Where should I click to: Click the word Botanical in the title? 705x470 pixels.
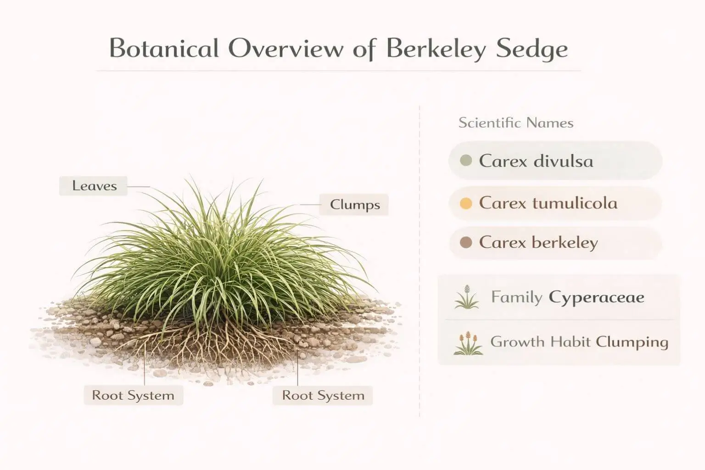click(x=163, y=49)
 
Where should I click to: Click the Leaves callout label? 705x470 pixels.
click(x=94, y=186)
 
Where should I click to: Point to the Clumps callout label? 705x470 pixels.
click(x=355, y=205)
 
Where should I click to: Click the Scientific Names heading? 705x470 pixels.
click(x=516, y=123)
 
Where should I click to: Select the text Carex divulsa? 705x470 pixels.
click(x=536, y=161)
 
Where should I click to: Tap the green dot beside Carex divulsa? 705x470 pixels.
click(x=466, y=161)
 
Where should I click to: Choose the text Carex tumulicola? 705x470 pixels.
click(x=548, y=203)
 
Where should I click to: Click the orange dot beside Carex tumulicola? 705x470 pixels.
click(x=466, y=203)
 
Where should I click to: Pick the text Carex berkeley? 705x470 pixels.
click(x=538, y=242)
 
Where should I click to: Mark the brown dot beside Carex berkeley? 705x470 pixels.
click(x=466, y=242)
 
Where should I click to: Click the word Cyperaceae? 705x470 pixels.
click(x=597, y=297)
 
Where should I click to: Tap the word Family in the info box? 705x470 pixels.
click(x=516, y=297)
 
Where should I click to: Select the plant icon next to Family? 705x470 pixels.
click(x=467, y=297)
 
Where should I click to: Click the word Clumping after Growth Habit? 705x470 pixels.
click(x=632, y=342)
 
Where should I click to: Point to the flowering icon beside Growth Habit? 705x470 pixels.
click(x=468, y=343)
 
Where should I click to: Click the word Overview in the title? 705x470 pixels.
click(x=285, y=49)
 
